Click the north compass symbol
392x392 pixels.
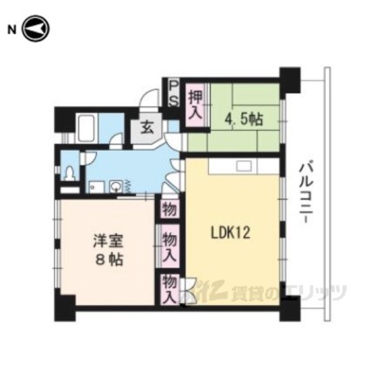point(37,29)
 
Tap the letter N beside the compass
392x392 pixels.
point(12,30)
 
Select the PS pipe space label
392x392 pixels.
point(173,93)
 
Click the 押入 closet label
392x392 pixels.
point(195,105)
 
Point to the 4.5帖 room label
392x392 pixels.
point(244,119)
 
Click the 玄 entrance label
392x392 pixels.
point(147,127)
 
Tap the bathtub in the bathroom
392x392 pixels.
point(87,128)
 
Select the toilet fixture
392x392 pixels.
point(70,172)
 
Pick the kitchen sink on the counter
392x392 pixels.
point(244,166)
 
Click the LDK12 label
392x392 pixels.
point(230,233)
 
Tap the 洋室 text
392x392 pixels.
point(108,240)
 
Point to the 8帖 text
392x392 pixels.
point(108,260)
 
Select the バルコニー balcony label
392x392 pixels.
point(308,193)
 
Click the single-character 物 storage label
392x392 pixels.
point(170,209)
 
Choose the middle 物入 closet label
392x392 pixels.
point(170,247)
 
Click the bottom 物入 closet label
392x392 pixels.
point(170,289)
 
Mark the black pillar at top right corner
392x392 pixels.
point(289,79)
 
